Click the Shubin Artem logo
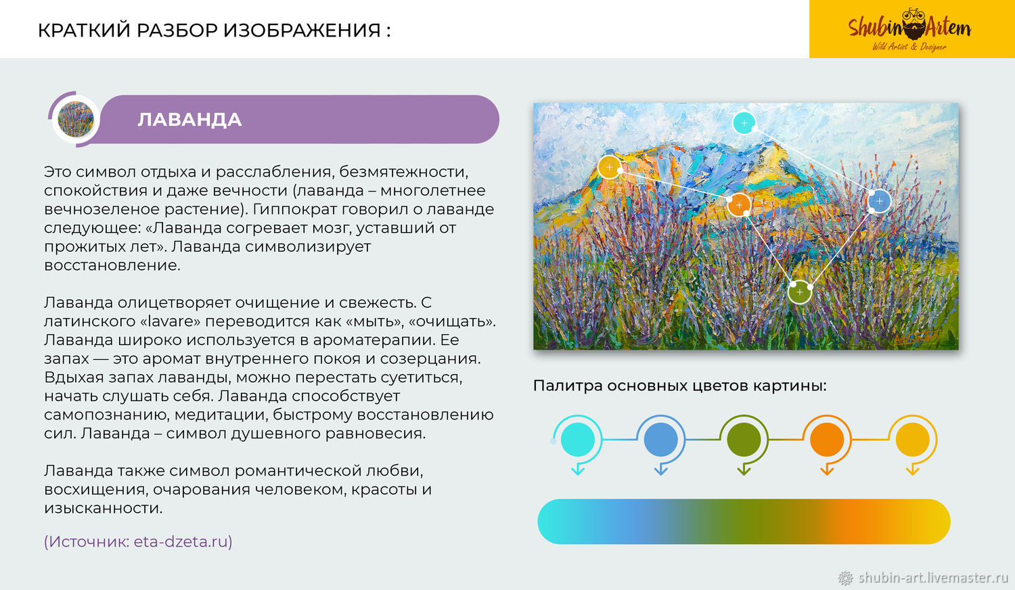pyautogui.click(x=909, y=29)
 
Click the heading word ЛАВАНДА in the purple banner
pyautogui.click(x=189, y=120)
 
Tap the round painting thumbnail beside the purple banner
pyautogui.click(x=76, y=119)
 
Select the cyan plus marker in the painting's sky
pyautogui.click(x=744, y=122)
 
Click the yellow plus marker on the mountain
pyautogui.click(x=610, y=167)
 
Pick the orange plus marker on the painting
pyautogui.click(x=739, y=205)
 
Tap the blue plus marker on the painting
pyautogui.click(x=879, y=201)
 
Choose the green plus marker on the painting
pyautogui.click(x=799, y=292)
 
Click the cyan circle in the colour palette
pyautogui.click(x=578, y=439)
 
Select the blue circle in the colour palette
pyautogui.click(x=660, y=439)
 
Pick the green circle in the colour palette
pyautogui.click(x=744, y=439)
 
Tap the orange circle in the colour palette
pyautogui.click(x=826, y=439)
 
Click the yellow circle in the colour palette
pyautogui.click(x=913, y=439)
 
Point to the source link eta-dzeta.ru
pyautogui.click(x=181, y=541)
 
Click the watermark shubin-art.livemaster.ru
pyautogui.click(x=933, y=578)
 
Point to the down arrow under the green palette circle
pyautogui.click(x=744, y=469)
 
